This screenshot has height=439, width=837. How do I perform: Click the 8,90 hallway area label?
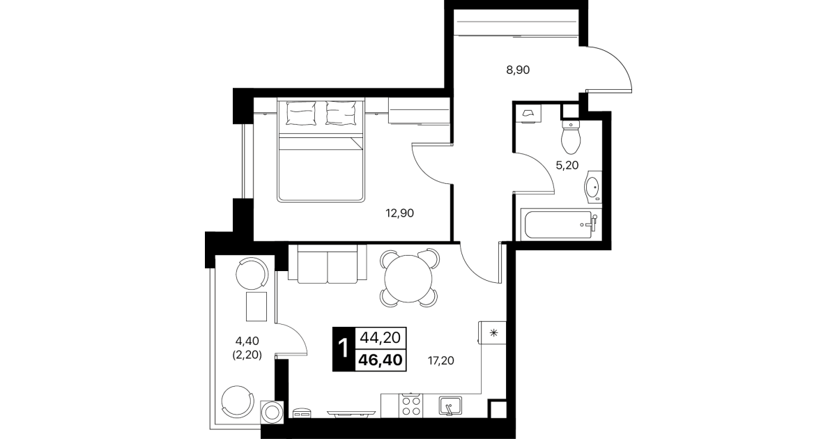click(518, 70)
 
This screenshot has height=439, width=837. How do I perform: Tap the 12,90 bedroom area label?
click(399, 213)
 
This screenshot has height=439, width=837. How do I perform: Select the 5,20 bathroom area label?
click(567, 165)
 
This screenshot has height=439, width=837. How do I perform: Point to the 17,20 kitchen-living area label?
click(441, 360)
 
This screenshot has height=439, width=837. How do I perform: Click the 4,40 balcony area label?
click(247, 341)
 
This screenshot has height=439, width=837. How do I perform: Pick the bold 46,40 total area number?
click(381, 360)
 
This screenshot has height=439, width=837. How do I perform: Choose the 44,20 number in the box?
click(381, 338)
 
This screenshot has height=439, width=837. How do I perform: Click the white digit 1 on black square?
click(344, 349)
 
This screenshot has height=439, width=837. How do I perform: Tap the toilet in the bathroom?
click(571, 137)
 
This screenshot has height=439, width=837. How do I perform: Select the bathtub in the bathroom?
click(560, 224)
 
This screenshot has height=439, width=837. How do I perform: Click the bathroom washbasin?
click(593, 187)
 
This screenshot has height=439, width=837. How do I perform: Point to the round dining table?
click(408, 279)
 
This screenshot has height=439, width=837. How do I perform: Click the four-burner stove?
click(410, 406)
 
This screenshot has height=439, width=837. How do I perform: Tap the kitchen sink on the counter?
click(450, 406)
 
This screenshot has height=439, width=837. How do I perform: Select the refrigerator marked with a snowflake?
click(493, 333)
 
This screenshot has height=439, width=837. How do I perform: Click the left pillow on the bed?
click(301, 113)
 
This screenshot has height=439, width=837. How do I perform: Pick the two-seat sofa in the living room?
click(328, 264)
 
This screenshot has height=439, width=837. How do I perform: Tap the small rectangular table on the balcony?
click(256, 307)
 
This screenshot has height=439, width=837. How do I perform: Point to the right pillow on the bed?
click(340, 113)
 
